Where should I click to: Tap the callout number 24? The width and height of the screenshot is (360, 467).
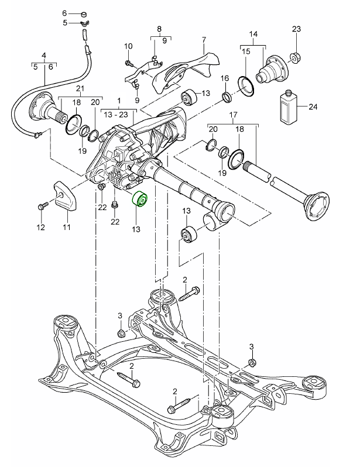pos(313,107)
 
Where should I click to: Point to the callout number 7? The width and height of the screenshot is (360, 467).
pos(204,40)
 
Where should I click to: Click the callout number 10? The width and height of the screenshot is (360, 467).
pos(129,46)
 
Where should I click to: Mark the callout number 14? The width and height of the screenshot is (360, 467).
pos(253,35)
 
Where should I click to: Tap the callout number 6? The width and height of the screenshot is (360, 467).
pos(65,12)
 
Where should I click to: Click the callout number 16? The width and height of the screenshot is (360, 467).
pos(225,78)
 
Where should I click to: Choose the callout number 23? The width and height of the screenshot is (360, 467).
pos(296,29)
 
